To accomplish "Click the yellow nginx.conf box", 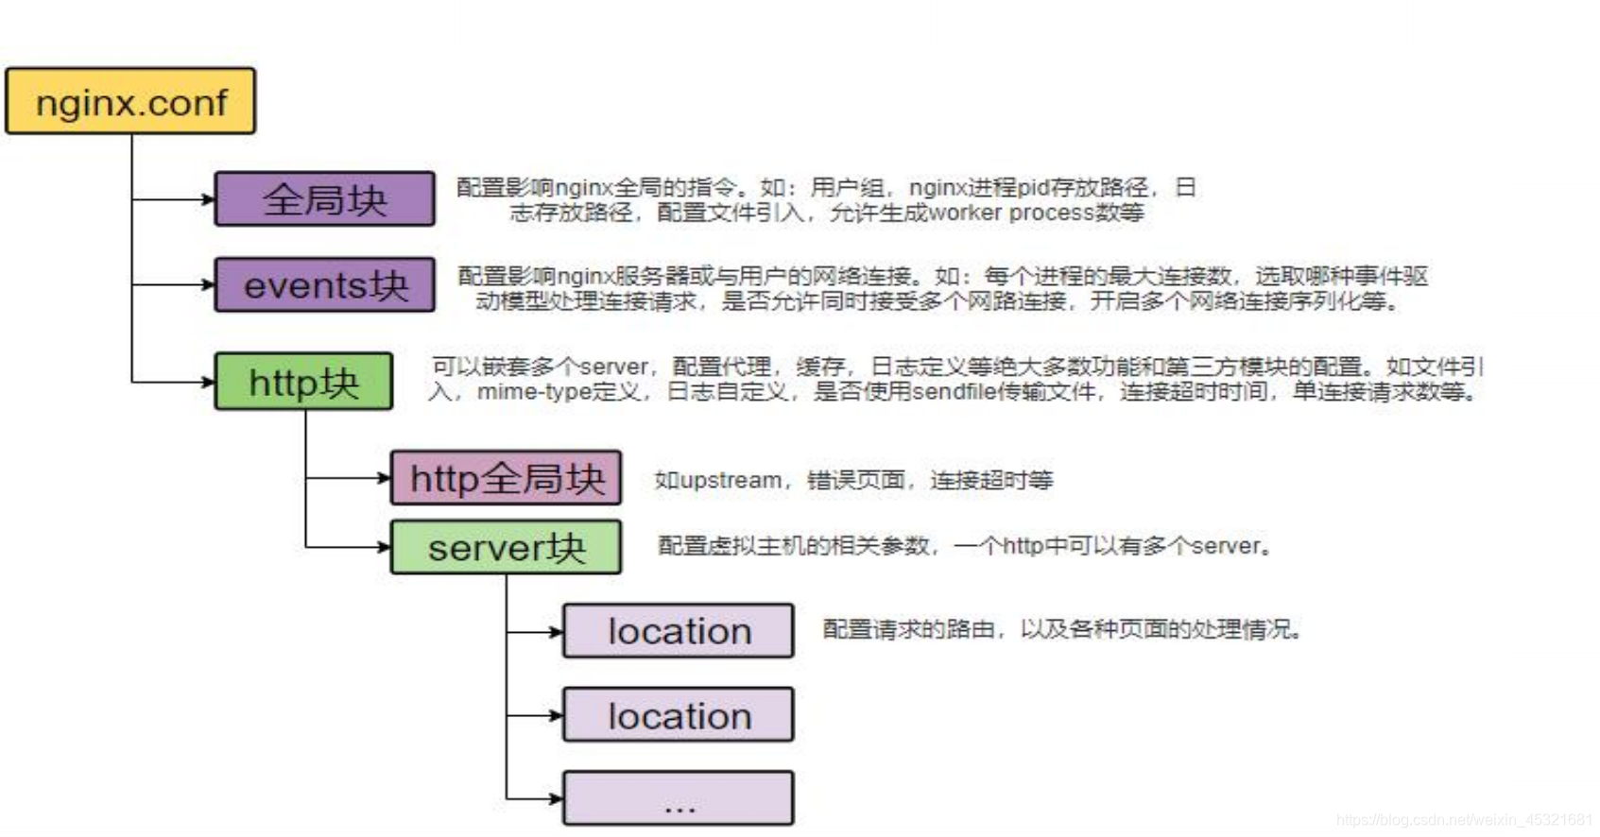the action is click(x=130, y=101).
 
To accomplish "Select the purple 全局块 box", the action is click(x=325, y=199).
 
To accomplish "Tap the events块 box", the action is click(x=325, y=284).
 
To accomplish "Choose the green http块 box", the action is click(x=303, y=382).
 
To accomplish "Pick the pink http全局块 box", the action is click(x=507, y=478).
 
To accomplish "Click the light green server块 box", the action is click(x=507, y=547).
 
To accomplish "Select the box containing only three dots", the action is click(x=679, y=798).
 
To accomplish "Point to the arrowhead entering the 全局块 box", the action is click(x=209, y=199).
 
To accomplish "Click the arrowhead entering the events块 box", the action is click(x=209, y=284).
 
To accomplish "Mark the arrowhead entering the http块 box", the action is click(x=209, y=382).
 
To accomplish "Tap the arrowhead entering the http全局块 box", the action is click(x=385, y=478).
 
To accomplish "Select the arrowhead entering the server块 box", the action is click(x=385, y=547).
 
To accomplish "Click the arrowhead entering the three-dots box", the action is click(x=557, y=798).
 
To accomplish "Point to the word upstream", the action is click(x=731, y=480).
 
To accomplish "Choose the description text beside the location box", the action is click(x=1062, y=629).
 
